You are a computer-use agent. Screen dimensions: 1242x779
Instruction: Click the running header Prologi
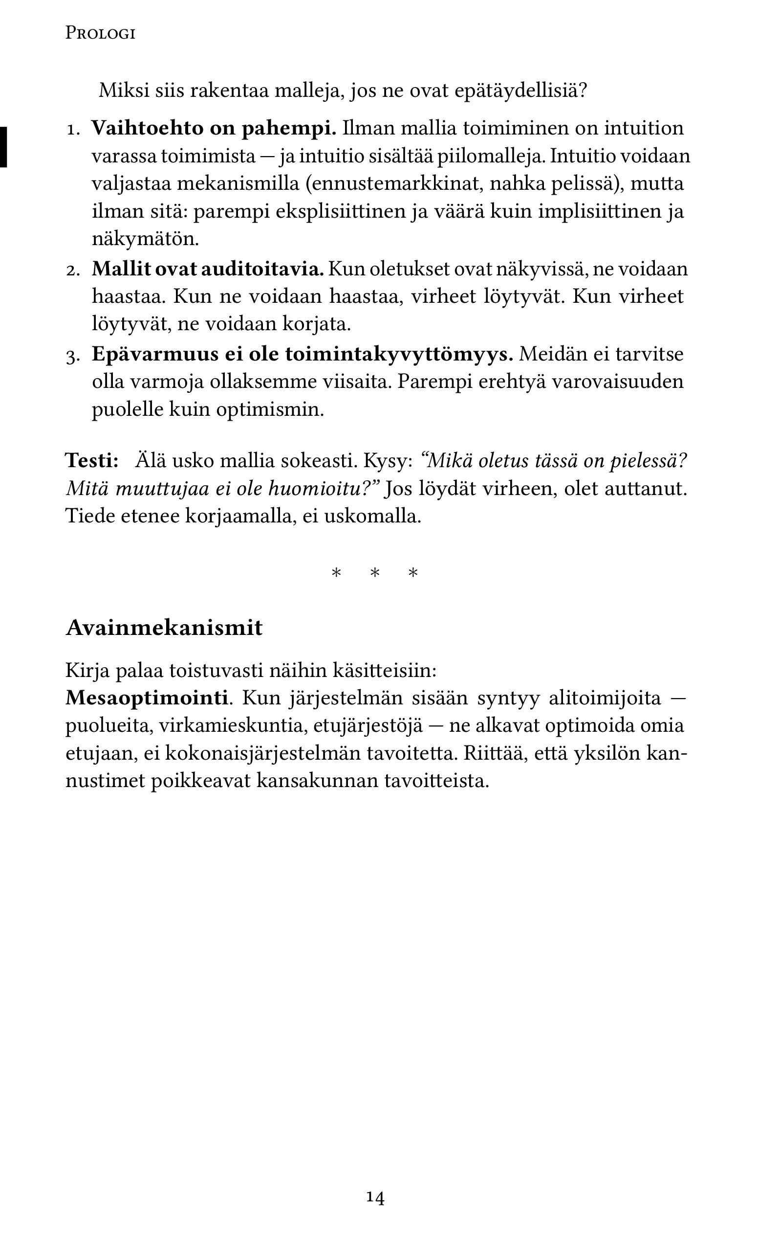(101, 34)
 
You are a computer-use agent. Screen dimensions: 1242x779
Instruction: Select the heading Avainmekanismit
(164, 628)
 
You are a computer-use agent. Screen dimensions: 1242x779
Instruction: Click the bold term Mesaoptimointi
(147, 698)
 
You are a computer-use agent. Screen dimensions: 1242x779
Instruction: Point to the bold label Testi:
(92, 460)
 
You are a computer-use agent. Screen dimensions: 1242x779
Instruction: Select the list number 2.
(73, 270)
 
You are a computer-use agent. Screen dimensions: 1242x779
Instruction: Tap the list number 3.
(73, 356)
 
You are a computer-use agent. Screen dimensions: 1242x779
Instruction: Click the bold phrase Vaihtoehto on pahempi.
(214, 128)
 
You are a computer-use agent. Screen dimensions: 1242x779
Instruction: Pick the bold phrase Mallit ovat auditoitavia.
(208, 269)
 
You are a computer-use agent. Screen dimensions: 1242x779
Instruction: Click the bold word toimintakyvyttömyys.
(399, 355)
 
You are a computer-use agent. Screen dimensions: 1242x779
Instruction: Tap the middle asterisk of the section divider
(375, 573)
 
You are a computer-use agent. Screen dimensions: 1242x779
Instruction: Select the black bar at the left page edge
(3, 147)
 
